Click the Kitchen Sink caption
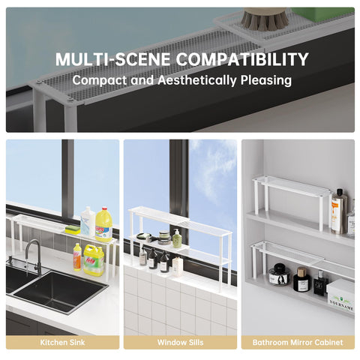[62, 342]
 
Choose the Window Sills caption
[179, 342]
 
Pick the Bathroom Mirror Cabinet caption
[298, 342]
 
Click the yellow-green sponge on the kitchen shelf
[73, 229]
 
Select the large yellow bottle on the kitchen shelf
[103, 224]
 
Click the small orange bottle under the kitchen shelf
[77, 257]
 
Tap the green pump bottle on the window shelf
[177, 239]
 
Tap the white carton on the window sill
[178, 265]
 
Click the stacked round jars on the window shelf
[163, 238]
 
